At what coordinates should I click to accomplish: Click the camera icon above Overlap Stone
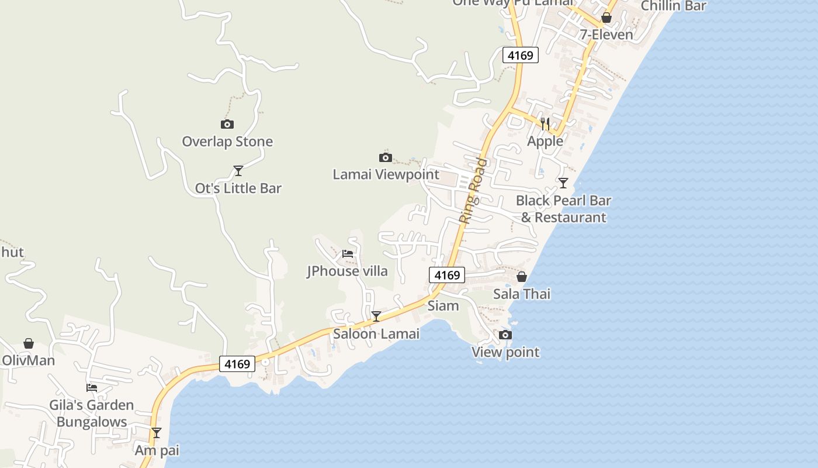(227, 124)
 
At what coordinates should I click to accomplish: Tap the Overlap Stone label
(227, 142)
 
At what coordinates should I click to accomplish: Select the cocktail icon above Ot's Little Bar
(238, 171)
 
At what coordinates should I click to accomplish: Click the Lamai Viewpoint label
(386, 174)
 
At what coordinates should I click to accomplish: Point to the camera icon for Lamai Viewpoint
(386, 157)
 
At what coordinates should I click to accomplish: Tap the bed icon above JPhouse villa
(348, 254)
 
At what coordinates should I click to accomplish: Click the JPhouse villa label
(347, 271)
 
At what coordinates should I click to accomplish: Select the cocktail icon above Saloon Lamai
(376, 316)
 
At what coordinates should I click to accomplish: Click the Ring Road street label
(473, 190)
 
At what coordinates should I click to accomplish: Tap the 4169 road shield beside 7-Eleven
(520, 55)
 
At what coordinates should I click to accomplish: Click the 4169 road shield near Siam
(447, 275)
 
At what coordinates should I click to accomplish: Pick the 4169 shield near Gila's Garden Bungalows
(237, 364)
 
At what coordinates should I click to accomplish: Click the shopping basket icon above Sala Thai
(522, 277)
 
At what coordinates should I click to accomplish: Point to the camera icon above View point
(505, 335)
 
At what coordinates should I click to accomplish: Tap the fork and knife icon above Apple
(545, 123)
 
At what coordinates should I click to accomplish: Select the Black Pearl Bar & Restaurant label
(563, 209)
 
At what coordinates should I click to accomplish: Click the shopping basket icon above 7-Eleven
(606, 18)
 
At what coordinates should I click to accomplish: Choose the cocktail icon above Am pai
(157, 433)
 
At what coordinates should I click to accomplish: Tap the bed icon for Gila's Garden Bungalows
(92, 387)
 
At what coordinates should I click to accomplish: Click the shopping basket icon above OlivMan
(29, 343)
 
